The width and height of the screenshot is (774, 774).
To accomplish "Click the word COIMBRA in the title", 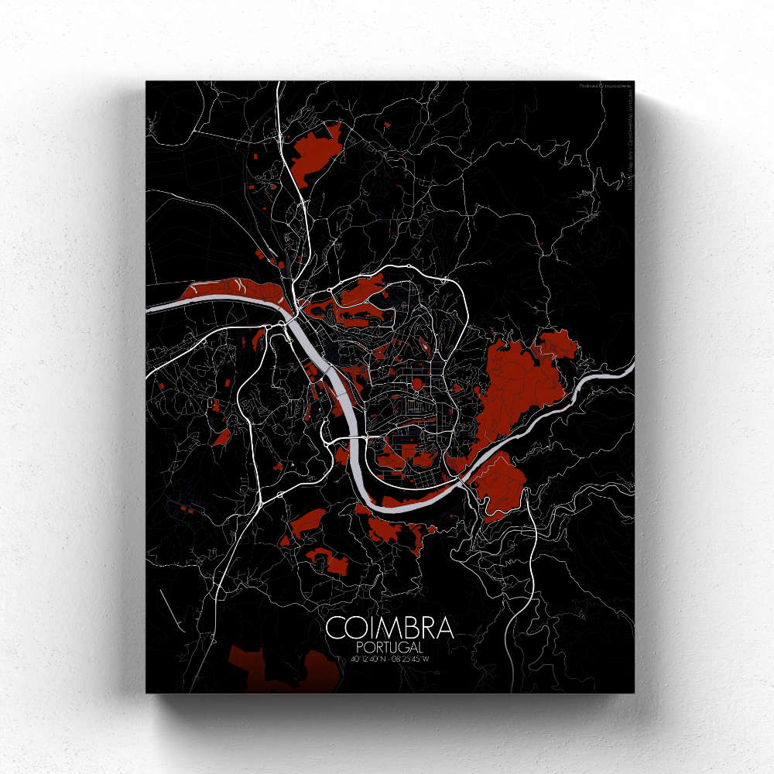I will [389, 628].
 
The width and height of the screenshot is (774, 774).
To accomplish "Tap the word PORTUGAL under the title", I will [390, 646].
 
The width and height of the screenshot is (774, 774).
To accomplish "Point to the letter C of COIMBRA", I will [336, 628].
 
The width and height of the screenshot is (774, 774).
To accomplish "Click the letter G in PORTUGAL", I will [402, 646].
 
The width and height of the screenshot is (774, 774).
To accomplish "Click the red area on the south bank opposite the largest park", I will [499, 484].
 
